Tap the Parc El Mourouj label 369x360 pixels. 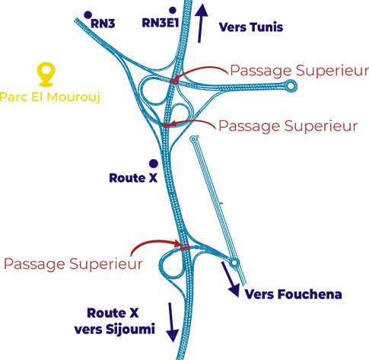pyautogui.click(x=50, y=97)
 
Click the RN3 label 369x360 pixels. pyautogui.click(x=103, y=24)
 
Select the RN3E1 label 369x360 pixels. pyautogui.click(x=161, y=23)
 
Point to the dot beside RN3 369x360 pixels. pyautogui.click(x=87, y=15)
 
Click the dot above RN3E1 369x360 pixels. pyautogui.click(x=173, y=11)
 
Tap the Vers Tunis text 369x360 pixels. pyautogui.click(x=251, y=27)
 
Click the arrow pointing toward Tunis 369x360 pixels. pyautogui.click(x=201, y=24)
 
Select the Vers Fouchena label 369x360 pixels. pyautogui.click(x=293, y=295)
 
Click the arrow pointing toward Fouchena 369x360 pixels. pyautogui.click(x=231, y=279)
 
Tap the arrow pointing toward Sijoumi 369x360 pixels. pyautogui.click(x=171, y=322)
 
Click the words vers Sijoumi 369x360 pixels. pyautogui.click(x=114, y=330)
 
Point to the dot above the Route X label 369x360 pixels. pyautogui.click(x=154, y=164)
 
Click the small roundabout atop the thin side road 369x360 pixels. pyautogui.click(x=193, y=139)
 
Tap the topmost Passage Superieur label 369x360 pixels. pyautogui.click(x=300, y=71)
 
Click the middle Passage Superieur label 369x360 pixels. pyautogui.click(x=288, y=126)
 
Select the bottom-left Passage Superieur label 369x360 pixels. pyautogui.click(x=73, y=264)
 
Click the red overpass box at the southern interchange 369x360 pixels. pyautogui.click(x=185, y=247)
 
